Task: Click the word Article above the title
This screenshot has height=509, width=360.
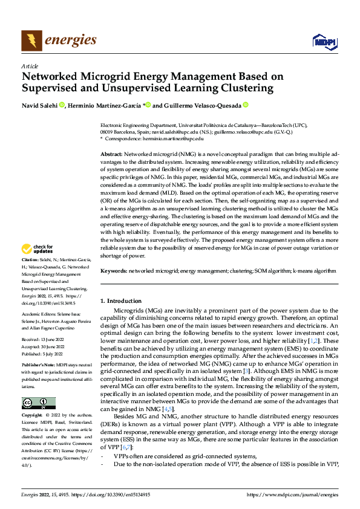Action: [30, 65]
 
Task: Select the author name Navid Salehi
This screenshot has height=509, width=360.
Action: [39, 105]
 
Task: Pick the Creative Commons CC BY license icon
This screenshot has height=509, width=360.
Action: [39, 403]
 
